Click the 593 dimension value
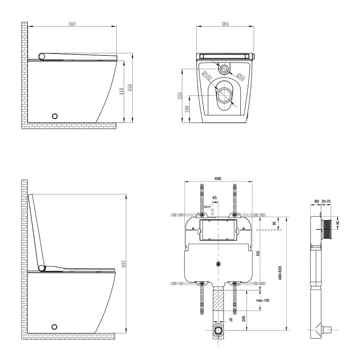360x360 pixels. (x=72, y=24)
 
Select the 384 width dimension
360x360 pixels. (x=225, y=24)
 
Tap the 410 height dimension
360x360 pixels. (x=122, y=91)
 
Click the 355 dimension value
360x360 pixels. (x=180, y=95)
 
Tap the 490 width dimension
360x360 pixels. (x=218, y=179)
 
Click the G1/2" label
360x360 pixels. (x=207, y=207)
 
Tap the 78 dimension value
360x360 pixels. (x=230, y=320)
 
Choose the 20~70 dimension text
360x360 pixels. (x=327, y=202)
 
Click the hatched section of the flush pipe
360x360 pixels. (x=218, y=300)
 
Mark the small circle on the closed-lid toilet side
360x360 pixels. (x=55, y=116)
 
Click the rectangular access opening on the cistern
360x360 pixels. (x=218, y=231)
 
